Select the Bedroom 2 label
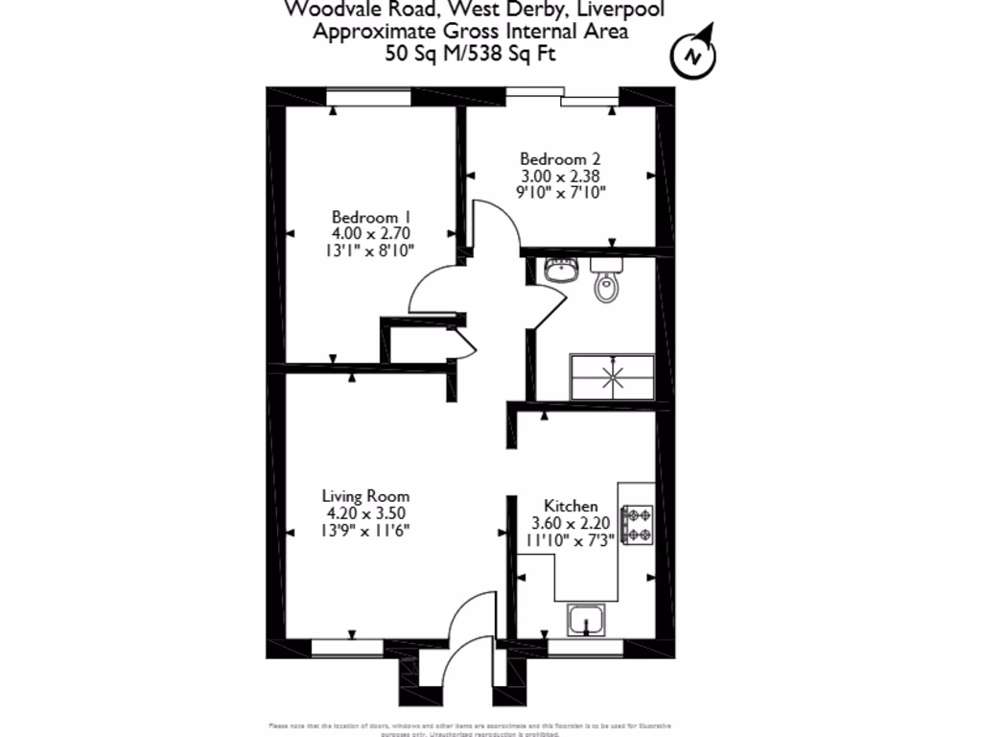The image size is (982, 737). pyautogui.click(x=560, y=158)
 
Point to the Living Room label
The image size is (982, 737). pyautogui.click(x=365, y=496)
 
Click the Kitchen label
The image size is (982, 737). pyautogui.click(x=571, y=506)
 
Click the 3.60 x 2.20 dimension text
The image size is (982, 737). pyautogui.click(x=571, y=523)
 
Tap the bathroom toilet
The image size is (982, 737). pyautogui.click(x=605, y=281)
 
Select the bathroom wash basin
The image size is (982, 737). pyautogui.click(x=559, y=270)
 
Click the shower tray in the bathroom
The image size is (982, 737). pyautogui.click(x=613, y=376)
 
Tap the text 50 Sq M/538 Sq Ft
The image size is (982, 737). pyautogui.click(x=470, y=54)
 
